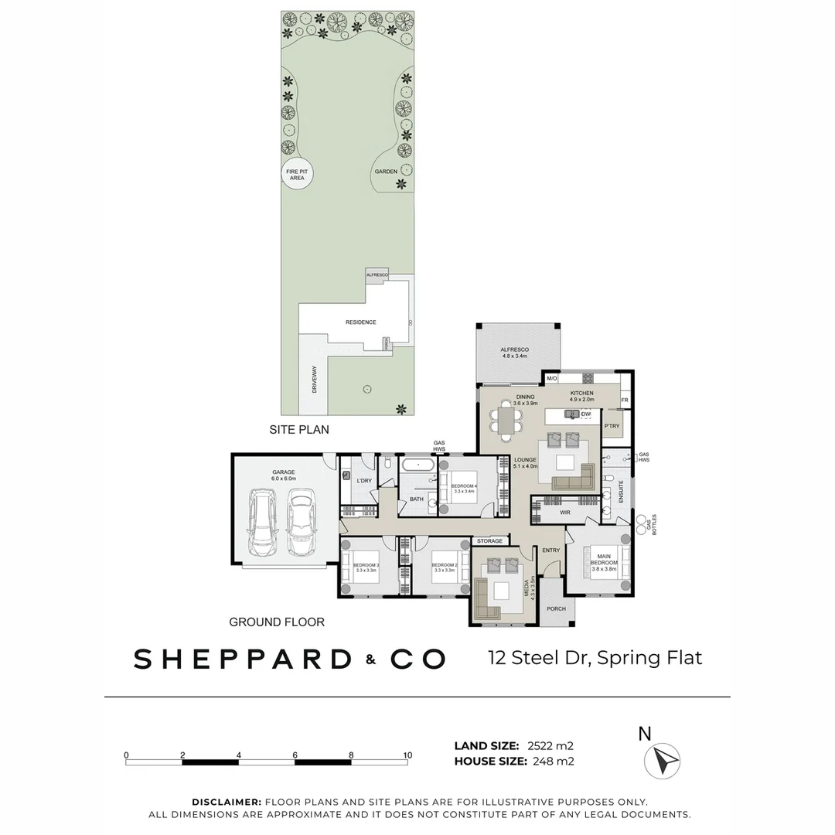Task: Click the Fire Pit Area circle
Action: [297, 175]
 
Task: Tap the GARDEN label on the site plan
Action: [386, 172]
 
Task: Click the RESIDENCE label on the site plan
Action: [360, 322]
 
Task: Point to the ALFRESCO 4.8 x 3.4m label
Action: [514, 353]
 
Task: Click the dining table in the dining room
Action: [506, 423]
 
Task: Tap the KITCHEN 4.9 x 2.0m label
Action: [581, 397]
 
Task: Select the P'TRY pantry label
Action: [612, 426]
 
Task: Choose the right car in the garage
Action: [302, 526]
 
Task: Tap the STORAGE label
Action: [489, 541]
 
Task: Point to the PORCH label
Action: [555, 608]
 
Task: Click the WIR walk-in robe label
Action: [565, 512]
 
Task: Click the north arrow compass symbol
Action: [662, 760]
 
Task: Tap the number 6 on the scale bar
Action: [295, 755]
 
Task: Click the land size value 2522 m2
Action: [550, 746]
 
